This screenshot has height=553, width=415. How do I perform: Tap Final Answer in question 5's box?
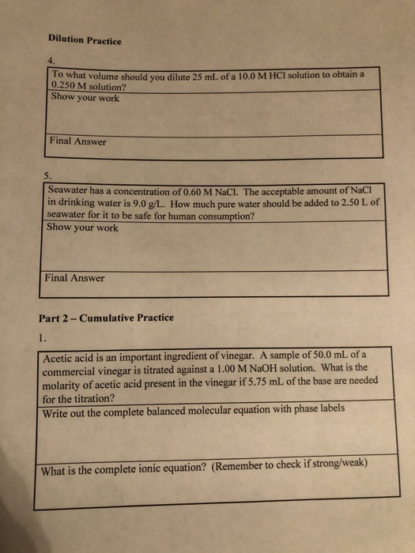(76, 278)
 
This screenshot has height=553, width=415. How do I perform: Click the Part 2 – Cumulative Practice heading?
(106, 318)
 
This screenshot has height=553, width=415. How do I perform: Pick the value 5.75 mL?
(252, 380)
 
